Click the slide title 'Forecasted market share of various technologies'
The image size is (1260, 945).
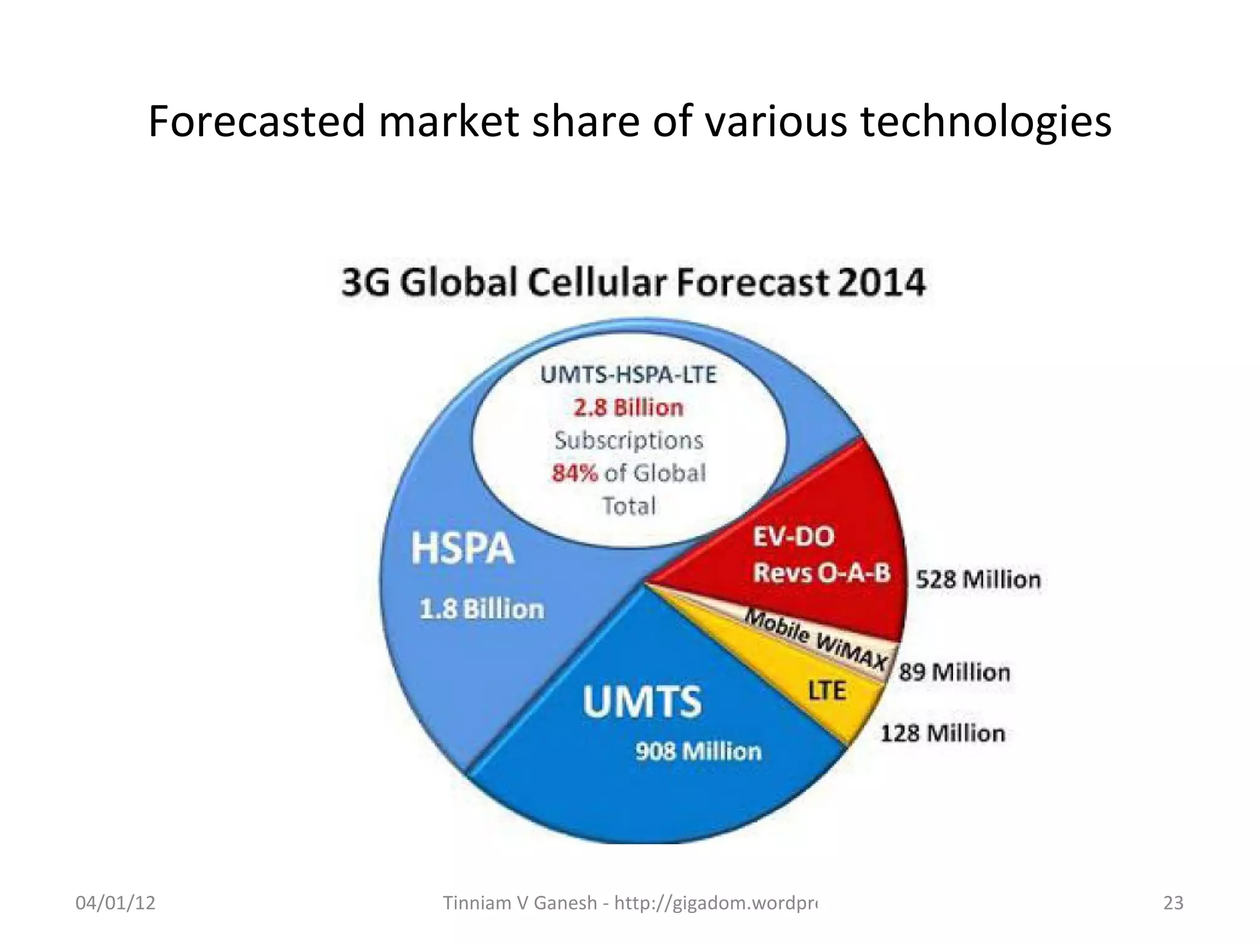(x=629, y=121)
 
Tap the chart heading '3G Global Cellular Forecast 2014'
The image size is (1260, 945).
(x=633, y=283)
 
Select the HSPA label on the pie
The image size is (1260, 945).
(x=462, y=548)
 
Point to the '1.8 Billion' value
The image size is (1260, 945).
(x=482, y=609)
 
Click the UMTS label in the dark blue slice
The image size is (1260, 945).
(x=642, y=702)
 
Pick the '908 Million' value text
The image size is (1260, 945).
(x=698, y=751)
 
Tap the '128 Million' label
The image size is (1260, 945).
(x=943, y=733)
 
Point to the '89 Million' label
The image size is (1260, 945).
(x=954, y=672)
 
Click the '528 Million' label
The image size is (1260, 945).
(x=978, y=580)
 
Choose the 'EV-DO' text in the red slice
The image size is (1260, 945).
(x=794, y=536)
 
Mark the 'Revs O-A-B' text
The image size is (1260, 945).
(x=822, y=573)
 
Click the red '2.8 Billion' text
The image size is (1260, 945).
(x=628, y=408)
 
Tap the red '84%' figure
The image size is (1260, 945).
(x=575, y=473)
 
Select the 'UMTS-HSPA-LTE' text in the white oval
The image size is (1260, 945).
(x=628, y=375)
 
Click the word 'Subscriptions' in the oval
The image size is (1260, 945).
(x=628, y=441)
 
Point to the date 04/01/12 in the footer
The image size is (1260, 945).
(x=115, y=903)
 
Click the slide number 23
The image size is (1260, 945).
(x=1173, y=903)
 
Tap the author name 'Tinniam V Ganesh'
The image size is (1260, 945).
(x=520, y=903)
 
